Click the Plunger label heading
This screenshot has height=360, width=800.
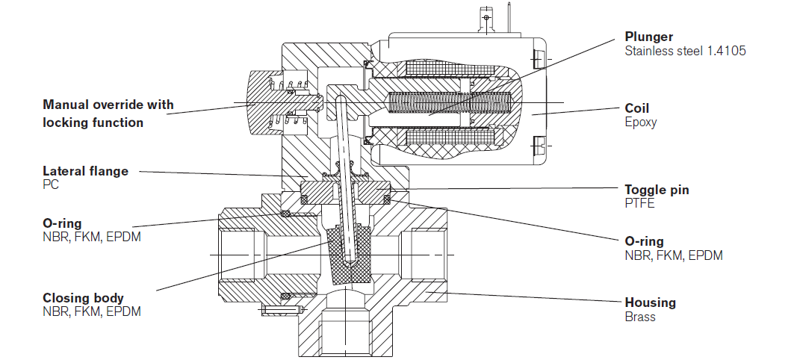(x=649, y=37)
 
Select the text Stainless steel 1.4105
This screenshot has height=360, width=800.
(x=685, y=51)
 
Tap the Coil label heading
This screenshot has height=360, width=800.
(x=637, y=108)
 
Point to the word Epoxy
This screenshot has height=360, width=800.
(x=641, y=122)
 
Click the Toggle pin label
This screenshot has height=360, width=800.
(x=657, y=190)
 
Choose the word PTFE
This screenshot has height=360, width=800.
(x=640, y=203)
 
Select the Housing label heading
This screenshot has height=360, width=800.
(x=651, y=303)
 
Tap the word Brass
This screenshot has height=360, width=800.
(x=640, y=317)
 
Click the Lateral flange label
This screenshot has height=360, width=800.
(x=86, y=171)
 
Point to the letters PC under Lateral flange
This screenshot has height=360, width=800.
(x=51, y=184)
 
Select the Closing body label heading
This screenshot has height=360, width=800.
(x=83, y=298)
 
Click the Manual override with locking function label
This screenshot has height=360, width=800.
(x=108, y=114)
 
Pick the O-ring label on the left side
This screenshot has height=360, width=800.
(x=62, y=223)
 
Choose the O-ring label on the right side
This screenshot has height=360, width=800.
(x=645, y=241)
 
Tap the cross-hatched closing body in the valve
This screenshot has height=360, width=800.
(x=350, y=255)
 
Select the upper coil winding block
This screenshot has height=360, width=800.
(x=449, y=69)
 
